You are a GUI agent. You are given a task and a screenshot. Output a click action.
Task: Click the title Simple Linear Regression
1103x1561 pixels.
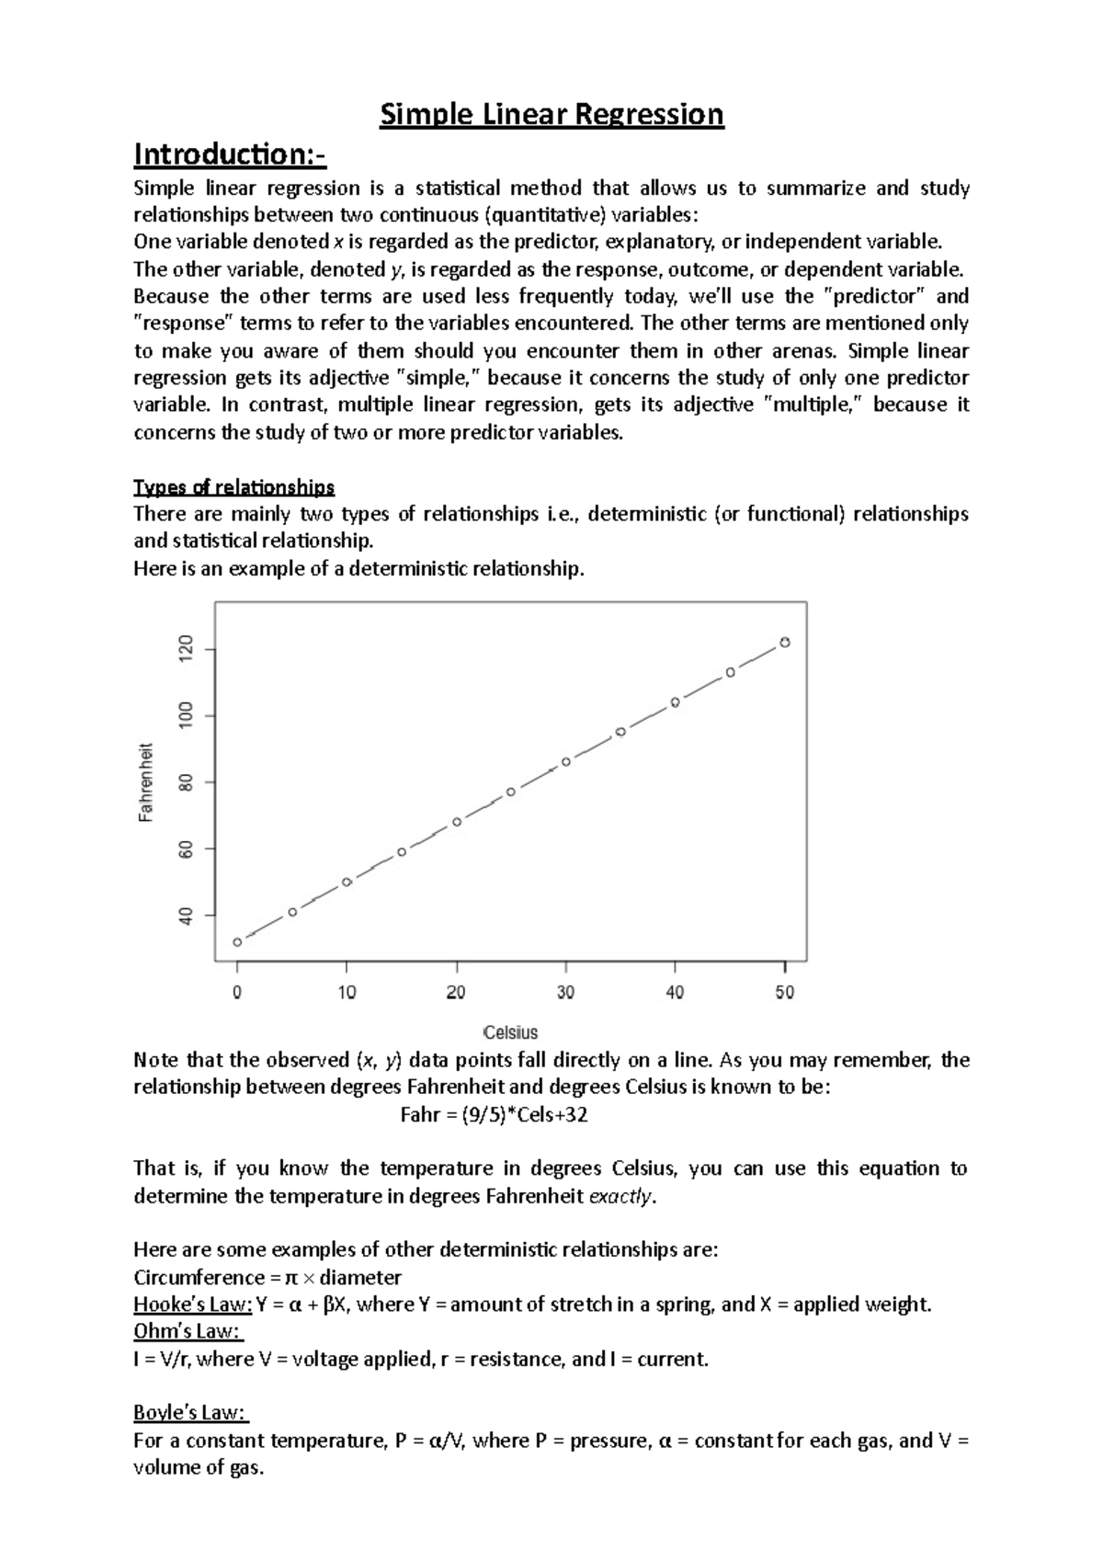pos(552,116)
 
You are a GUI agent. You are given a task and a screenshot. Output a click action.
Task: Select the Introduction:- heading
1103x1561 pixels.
pos(230,154)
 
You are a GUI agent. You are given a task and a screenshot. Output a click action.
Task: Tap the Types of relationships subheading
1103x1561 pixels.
pos(233,486)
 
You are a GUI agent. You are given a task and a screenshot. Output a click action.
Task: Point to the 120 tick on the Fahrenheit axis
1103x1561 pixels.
pos(186,649)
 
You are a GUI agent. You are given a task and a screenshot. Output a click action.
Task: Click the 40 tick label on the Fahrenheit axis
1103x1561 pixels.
pos(186,916)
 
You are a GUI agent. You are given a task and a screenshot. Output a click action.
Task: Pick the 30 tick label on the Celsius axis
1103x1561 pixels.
pos(565,993)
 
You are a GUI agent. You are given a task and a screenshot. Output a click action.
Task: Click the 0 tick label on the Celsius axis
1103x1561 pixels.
pos(237,993)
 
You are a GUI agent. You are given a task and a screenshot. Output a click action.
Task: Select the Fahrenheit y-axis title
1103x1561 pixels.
pos(145,782)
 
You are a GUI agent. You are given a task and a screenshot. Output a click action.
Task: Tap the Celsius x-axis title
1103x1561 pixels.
pos(510,1032)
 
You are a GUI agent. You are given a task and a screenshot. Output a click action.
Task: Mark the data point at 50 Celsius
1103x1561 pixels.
pos(785,643)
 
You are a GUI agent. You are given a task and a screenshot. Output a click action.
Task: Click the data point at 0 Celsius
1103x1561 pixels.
pos(237,942)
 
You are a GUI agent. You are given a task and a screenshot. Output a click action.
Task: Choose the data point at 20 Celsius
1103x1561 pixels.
pos(457,822)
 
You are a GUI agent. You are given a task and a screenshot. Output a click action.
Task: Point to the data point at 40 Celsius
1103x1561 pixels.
pos(676,702)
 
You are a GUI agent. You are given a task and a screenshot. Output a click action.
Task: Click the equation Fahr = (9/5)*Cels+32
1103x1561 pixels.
pos(495,1115)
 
